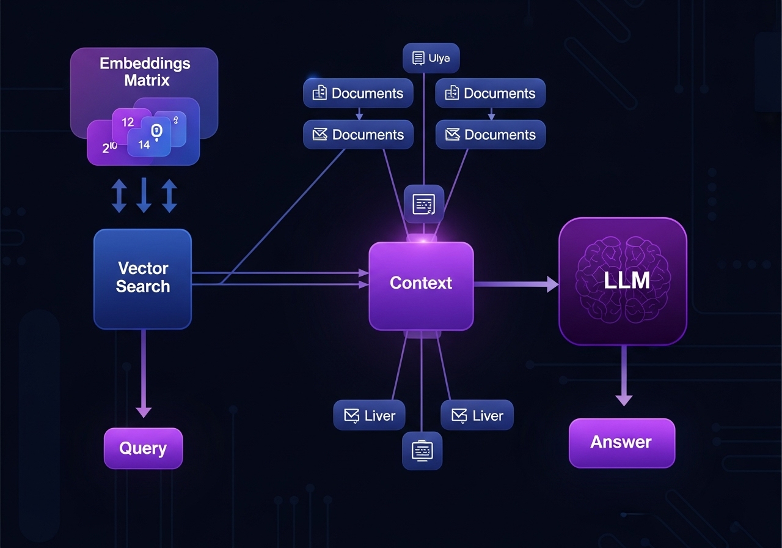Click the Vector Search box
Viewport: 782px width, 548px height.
[x=142, y=278]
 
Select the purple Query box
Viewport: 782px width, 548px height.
[x=143, y=448]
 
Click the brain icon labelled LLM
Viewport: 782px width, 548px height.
[x=623, y=281]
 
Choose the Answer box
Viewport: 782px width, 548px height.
[x=621, y=443]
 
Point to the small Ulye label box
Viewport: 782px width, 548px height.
[x=431, y=59]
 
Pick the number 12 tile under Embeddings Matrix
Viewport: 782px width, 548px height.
[x=128, y=122]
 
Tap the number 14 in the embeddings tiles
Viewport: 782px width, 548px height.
[x=144, y=145]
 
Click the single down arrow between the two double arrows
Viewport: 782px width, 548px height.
[x=144, y=196]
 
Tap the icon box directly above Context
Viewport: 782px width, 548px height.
[x=424, y=204]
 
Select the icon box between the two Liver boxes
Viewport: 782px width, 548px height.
[x=422, y=451]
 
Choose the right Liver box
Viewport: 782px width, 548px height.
[x=477, y=416]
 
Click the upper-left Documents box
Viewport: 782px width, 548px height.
[x=359, y=94]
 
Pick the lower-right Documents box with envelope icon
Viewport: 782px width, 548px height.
[x=490, y=135]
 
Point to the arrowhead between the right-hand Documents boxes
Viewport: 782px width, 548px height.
[x=491, y=116]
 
